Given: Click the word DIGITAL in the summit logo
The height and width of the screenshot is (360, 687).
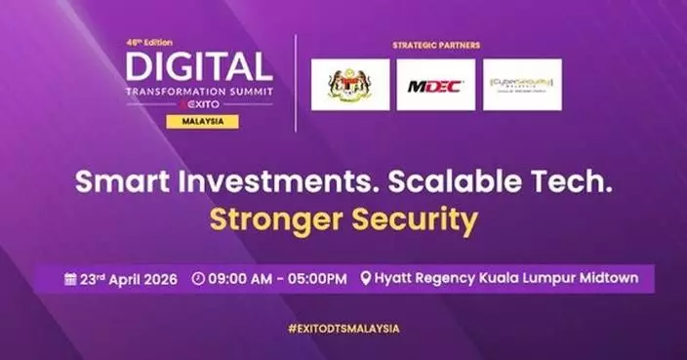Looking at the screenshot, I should click(x=198, y=67).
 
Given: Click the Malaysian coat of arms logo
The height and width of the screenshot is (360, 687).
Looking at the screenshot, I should click(x=349, y=85).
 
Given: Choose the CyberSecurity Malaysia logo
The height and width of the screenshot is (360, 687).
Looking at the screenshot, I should click(x=522, y=85).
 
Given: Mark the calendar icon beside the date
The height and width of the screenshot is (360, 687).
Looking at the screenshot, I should click(x=70, y=279).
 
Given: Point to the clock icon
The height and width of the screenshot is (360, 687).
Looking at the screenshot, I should click(x=199, y=279).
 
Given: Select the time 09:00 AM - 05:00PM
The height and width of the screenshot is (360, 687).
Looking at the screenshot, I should click(x=277, y=279).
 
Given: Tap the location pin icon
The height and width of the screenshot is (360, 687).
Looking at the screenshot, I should click(x=365, y=279).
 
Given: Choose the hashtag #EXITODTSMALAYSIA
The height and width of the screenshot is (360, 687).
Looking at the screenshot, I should click(x=343, y=329).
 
